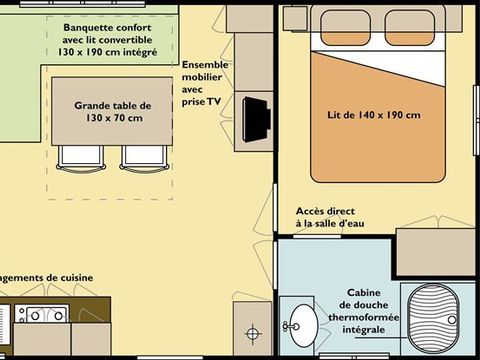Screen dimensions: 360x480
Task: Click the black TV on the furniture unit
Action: tap(257, 117)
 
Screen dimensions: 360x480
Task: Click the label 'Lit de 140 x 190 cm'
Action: tap(375, 115)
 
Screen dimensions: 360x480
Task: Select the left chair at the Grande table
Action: tap(77, 157)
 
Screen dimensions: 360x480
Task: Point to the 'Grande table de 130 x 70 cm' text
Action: tap(113, 111)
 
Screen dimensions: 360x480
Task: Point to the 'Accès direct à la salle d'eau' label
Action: tap(330, 217)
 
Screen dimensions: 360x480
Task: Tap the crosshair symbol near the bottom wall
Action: tap(253, 331)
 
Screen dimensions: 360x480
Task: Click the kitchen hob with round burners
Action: tap(41, 315)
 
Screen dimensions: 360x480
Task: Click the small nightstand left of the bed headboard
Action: tap(294, 17)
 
